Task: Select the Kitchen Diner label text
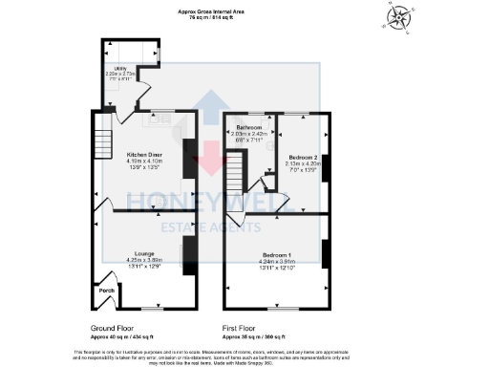pos(145,154)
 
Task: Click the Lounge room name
pos(145,253)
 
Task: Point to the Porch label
pos(106,290)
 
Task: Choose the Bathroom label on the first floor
pos(250,127)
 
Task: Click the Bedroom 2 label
pos(301,156)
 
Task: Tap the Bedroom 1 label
pos(277,255)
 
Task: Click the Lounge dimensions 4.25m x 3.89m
pos(145,259)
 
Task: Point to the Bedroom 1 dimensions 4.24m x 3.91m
pos(277,261)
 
